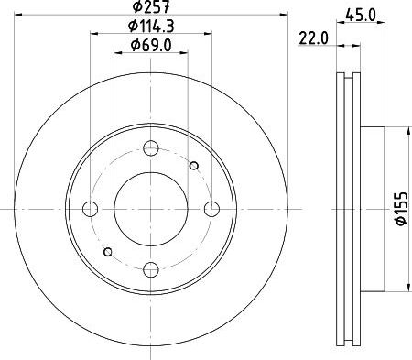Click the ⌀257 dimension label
click(x=151, y=6)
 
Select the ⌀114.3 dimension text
click(x=151, y=26)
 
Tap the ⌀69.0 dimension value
click(x=151, y=46)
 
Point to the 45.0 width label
click(x=361, y=15)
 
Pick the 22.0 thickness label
click(x=313, y=38)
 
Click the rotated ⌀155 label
click(x=401, y=209)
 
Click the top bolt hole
click(x=151, y=148)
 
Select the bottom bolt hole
click(x=151, y=269)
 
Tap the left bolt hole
click(x=90, y=209)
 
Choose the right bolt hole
click(x=211, y=209)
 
